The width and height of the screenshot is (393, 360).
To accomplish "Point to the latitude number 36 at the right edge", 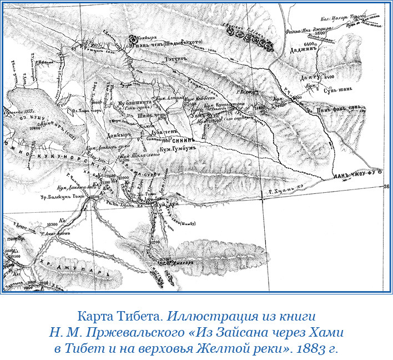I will coord(386,187).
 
